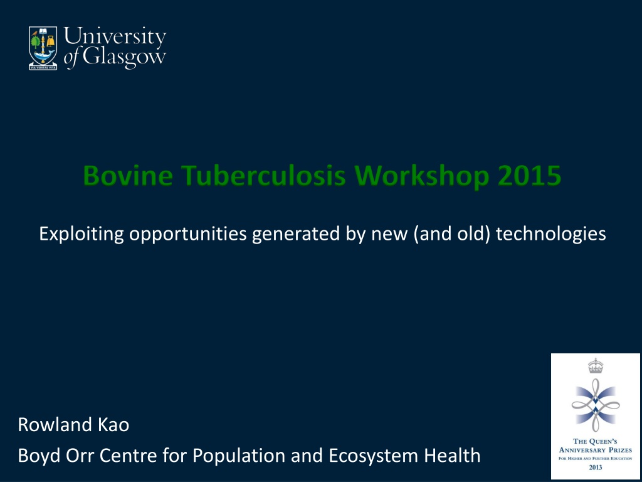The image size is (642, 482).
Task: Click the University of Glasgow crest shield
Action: tap(43, 48)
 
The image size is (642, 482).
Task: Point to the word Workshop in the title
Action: tap(422, 176)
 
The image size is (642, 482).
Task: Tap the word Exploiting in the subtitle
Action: tap(82, 234)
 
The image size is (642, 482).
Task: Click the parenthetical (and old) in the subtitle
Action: tap(452, 234)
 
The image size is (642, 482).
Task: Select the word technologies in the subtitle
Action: tap(550, 234)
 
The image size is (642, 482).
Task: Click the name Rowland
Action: tap(55, 425)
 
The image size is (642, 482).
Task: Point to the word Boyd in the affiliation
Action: tap(39, 456)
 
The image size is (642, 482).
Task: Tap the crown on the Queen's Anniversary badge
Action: tap(596, 366)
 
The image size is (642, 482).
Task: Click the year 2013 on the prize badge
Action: tap(596, 467)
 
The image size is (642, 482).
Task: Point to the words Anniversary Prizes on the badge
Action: tap(596, 450)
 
